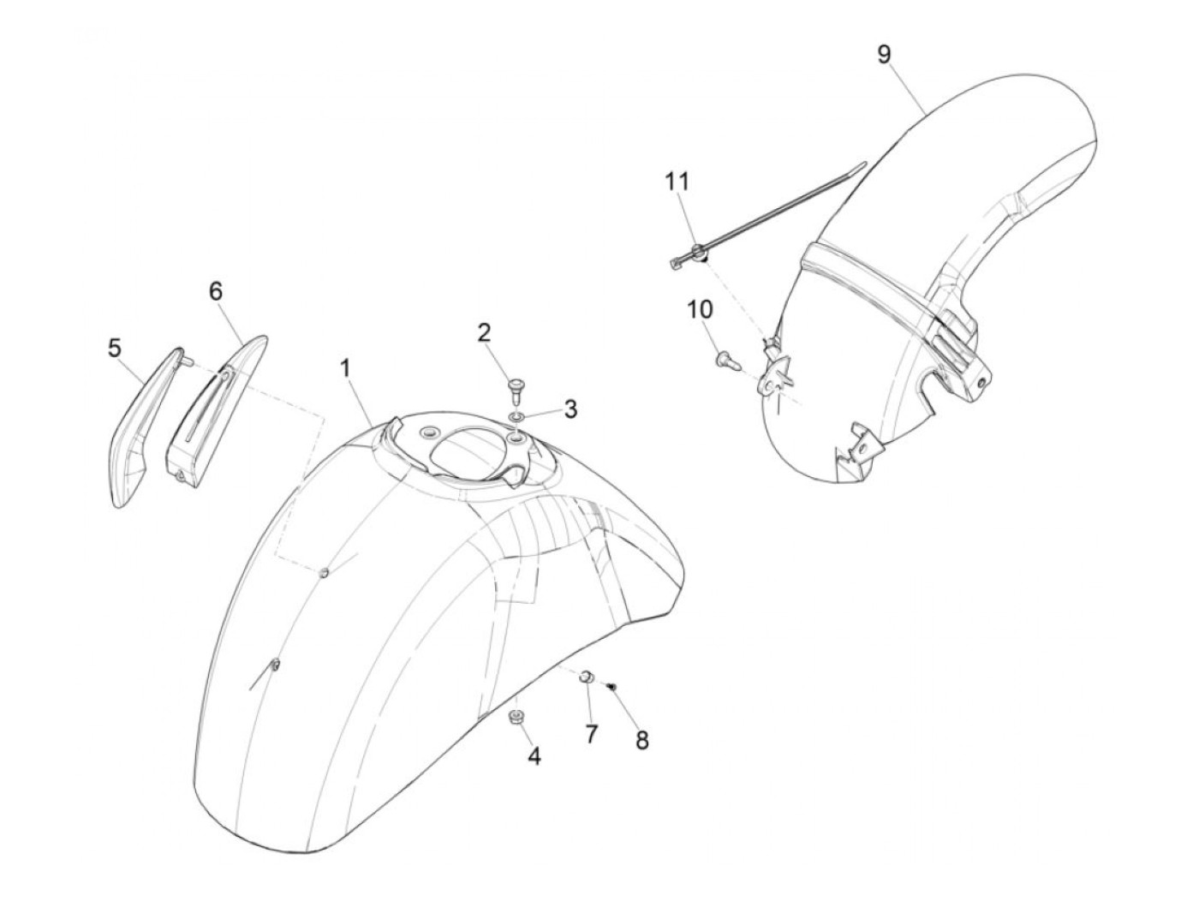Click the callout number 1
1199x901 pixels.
point(345,369)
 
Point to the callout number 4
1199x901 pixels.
point(534,757)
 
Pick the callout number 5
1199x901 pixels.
point(114,349)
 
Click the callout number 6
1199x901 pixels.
point(216,291)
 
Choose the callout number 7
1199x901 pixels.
point(591,733)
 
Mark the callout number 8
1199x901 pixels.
point(642,741)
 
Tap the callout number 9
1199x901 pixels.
point(884,54)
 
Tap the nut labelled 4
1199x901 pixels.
point(516,716)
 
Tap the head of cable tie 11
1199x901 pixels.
point(699,251)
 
